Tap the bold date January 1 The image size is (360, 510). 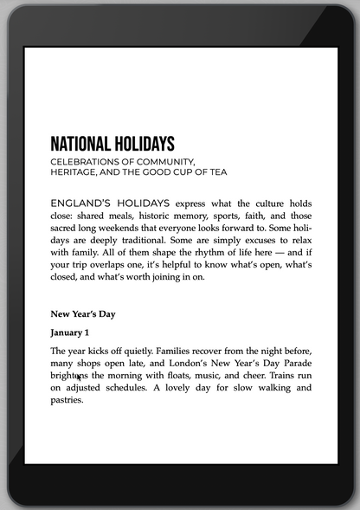pyautogui.click(x=70, y=332)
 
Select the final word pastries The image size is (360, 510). pyautogui.click(x=68, y=401)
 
